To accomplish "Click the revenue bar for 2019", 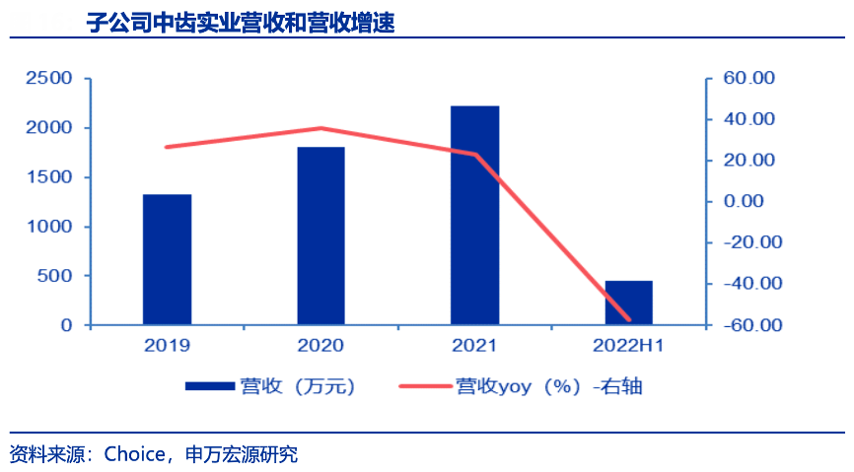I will click(x=167, y=259).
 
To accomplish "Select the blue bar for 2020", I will click(x=320, y=236).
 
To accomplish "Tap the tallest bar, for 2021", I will click(x=474, y=215).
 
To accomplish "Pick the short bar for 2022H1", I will click(x=628, y=303).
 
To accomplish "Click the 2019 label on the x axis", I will click(x=167, y=345).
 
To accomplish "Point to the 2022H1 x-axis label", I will click(x=628, y=345).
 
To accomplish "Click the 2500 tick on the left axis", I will click(x=49, y=78).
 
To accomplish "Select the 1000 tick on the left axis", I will click(x=49, y=227).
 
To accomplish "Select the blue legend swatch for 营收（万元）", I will click(x=208, y=386).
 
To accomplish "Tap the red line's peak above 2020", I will click(x=320, y=128).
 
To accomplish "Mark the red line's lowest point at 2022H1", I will click(x=628, y=319).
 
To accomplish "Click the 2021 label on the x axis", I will click(x=474, y=345).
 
